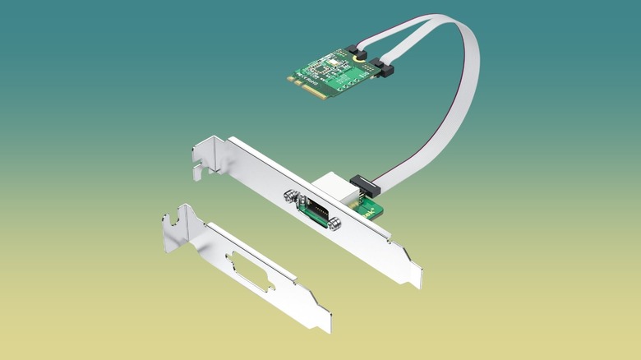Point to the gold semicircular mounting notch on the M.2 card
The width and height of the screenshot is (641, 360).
pos(358,59)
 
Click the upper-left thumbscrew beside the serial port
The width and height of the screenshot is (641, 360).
pos(289,196)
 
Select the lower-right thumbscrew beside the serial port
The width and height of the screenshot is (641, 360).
pos(334,224)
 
